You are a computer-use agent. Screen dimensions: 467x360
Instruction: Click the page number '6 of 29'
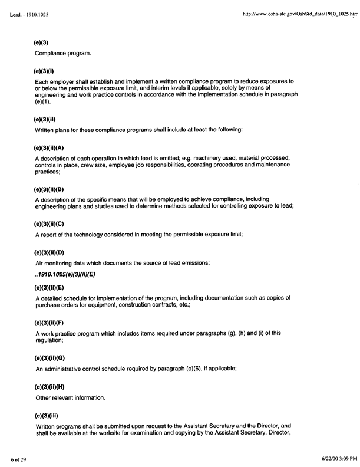click(17, 458)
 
